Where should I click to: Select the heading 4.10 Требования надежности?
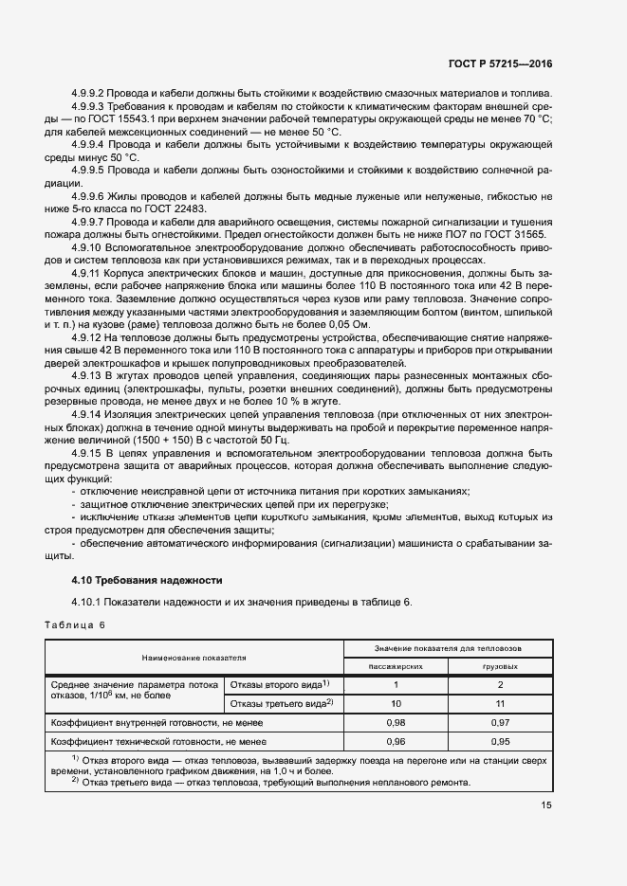pyautogui.click(x=146, y=579)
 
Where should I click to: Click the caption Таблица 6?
pyautogui.click(x=76, y=624)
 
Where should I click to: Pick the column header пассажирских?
pyautogui.click(x=395, y=666)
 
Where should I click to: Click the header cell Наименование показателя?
pyautogui.click(x=194, y=657)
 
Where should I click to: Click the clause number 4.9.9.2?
pyautogui.click(x=87, y=94)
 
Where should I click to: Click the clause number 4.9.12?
pyautogui.click(x=86, y=338)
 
